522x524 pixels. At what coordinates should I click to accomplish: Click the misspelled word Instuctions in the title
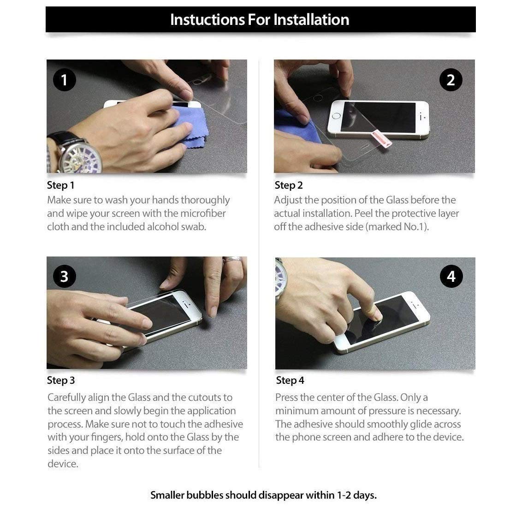click(x=207, y=19)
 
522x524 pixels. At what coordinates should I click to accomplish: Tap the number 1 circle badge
click(x=64, y=80)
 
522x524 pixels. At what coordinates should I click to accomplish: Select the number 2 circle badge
click(x=451, y=80)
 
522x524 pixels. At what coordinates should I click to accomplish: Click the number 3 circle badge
click(x=64, y=276)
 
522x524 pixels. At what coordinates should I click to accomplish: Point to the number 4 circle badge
click(x=451, y=276)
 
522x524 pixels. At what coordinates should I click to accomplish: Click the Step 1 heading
click(x=60, y=185)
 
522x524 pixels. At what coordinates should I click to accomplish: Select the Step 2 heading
click(x=289, y=185)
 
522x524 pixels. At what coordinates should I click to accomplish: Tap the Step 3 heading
click(x=60, y=381)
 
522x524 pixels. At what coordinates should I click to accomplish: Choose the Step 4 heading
click(x=290, y=381)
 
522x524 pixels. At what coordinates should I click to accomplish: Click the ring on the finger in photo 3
click(x=233, y=260)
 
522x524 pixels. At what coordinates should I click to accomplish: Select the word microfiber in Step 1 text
click(x=203, y=214)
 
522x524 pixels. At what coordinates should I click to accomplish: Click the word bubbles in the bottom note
click(x=205, y=495)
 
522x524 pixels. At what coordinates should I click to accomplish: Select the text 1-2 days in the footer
click(x=356, y=495)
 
